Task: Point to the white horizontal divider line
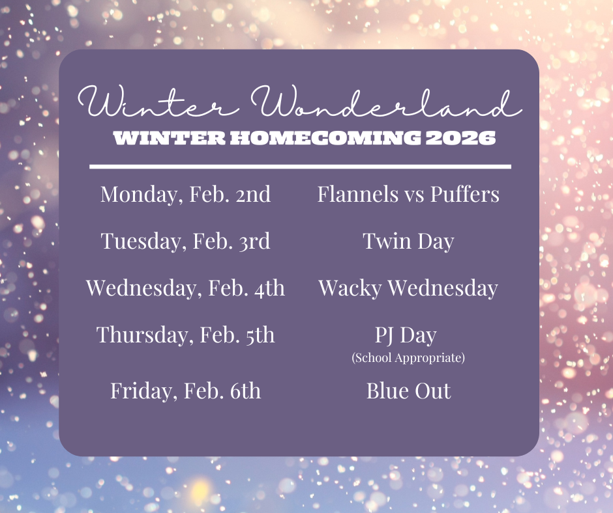pos(300,167)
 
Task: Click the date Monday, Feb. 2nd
pos(185,194)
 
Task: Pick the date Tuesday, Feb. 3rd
pos(185,242)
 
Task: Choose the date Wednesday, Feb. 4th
pos(185,288)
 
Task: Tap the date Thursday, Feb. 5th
pos(185,335)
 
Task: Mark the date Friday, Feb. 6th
pos(185,391)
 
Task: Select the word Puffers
pos(464,195)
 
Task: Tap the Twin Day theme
pos(408,242)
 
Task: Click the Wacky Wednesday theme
pos(408,288)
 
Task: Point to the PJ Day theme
pos(406,336)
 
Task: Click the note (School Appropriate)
pos(408,358)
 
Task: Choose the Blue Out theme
pos(408,391)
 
